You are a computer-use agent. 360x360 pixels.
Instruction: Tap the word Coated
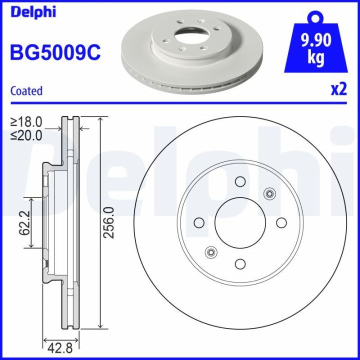point(26,91)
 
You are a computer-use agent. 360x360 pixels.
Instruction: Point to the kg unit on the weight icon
point(315,57)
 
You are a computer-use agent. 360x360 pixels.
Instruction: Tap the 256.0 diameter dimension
point(110,222)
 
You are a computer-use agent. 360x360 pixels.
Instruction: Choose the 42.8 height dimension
point(60,346)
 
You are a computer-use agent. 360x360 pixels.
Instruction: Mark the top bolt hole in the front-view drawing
point(240,181)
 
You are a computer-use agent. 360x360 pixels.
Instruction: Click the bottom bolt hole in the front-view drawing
point(240,263)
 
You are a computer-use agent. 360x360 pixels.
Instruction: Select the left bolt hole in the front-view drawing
point(199,222)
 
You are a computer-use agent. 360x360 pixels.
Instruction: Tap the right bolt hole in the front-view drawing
point(281,222)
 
